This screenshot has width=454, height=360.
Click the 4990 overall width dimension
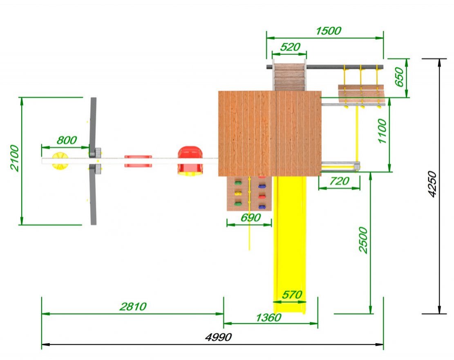[x=218, y=337]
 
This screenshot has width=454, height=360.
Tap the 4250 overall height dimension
[x=432, y=184]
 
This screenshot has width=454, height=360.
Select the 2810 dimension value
[x=133, y=306]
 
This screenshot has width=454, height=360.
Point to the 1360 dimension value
[x=268, y=318]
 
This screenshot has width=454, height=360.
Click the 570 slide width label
[x=292, y=295]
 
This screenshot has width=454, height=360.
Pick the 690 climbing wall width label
[x=251, y=217]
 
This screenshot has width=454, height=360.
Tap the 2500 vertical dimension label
[x=363, y=240]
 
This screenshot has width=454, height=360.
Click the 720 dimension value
[x=339, y=181]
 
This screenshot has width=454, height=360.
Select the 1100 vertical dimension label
[x=382, y=131]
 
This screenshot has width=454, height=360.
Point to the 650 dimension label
[x=399, y=77]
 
